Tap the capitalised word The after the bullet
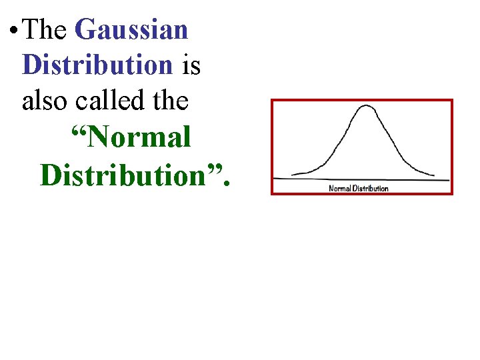(49, 30)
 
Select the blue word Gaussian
(132, 31)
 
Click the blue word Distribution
(97, 65)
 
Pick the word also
(45, 101)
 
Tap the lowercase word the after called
(170, 101)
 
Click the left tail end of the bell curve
(293, 174)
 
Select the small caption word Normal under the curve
(339, 189)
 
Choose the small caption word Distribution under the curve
(370, 189)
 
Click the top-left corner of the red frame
(271, 101)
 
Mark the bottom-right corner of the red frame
(452, 193)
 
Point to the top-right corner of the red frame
(452, 101)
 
